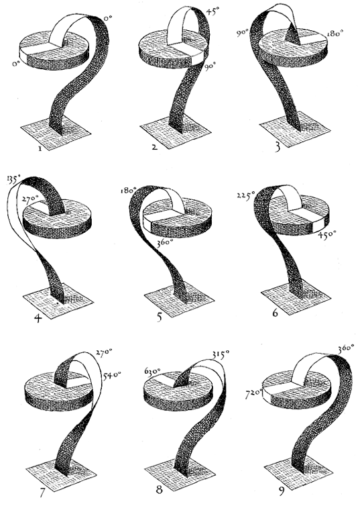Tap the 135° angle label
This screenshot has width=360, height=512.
[x=13, y=180]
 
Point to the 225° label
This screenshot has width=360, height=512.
[x=246, y=196]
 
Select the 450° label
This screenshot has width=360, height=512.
[x=327, y=234]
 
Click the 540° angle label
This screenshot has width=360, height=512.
[x=112, y=374]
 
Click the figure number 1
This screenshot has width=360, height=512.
[x=40, y=149]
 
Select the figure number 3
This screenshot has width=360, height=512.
[x=278, y=146]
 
